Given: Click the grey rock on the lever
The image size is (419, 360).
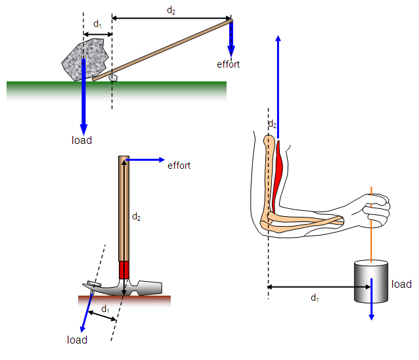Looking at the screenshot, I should [x=83, y=58].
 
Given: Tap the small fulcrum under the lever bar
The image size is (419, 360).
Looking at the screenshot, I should [x=113, y=78].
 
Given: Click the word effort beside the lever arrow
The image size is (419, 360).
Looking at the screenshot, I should [x=228, y=64].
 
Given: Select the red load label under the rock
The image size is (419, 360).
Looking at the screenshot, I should [x=81, y=140].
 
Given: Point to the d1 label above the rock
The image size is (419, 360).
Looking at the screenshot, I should [x=97, y=24].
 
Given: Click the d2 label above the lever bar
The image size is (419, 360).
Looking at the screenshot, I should [x=171, y=10].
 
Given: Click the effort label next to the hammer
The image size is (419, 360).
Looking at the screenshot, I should [x=179, y=166].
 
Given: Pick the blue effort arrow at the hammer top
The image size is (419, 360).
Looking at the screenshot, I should [x=144, y=159].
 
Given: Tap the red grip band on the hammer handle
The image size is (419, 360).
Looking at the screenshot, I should [x=123, y=270].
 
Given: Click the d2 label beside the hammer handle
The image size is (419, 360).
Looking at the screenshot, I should [x=136, y=215].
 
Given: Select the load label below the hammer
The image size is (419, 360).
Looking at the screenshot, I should [x=77, y=340].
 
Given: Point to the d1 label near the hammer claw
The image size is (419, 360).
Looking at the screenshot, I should [x=105, y=309].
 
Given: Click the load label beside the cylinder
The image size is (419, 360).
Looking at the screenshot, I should [x=401, y=284].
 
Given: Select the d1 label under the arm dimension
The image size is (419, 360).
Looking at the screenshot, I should [x=315, y=298].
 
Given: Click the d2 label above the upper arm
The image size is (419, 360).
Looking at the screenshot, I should [x=273, y=124].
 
